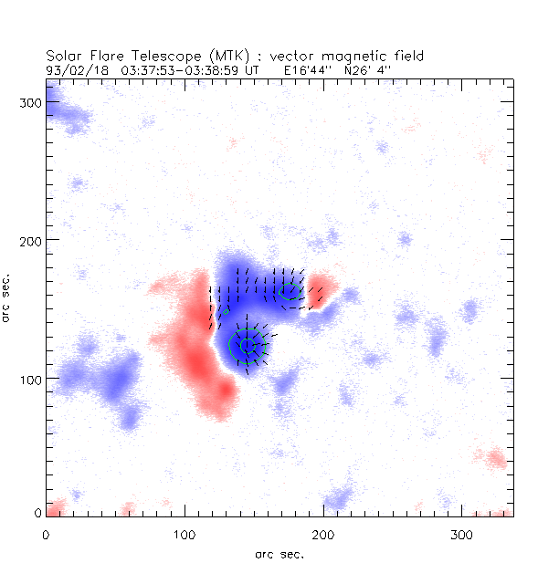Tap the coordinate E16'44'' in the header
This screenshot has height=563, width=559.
312,68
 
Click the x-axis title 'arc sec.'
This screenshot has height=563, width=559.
279,553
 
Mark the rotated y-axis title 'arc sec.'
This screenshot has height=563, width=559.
8,297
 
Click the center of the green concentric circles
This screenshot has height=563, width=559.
248,346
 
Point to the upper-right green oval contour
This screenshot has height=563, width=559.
290,292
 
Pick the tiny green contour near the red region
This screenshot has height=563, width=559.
225,312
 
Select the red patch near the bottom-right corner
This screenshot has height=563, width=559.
495,458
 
